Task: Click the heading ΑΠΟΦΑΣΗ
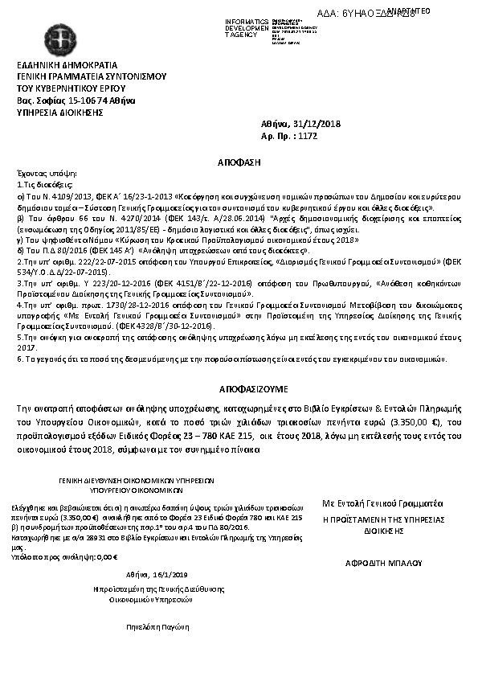[241, 162]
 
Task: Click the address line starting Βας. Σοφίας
[76, 101]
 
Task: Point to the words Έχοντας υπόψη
[37, 173]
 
